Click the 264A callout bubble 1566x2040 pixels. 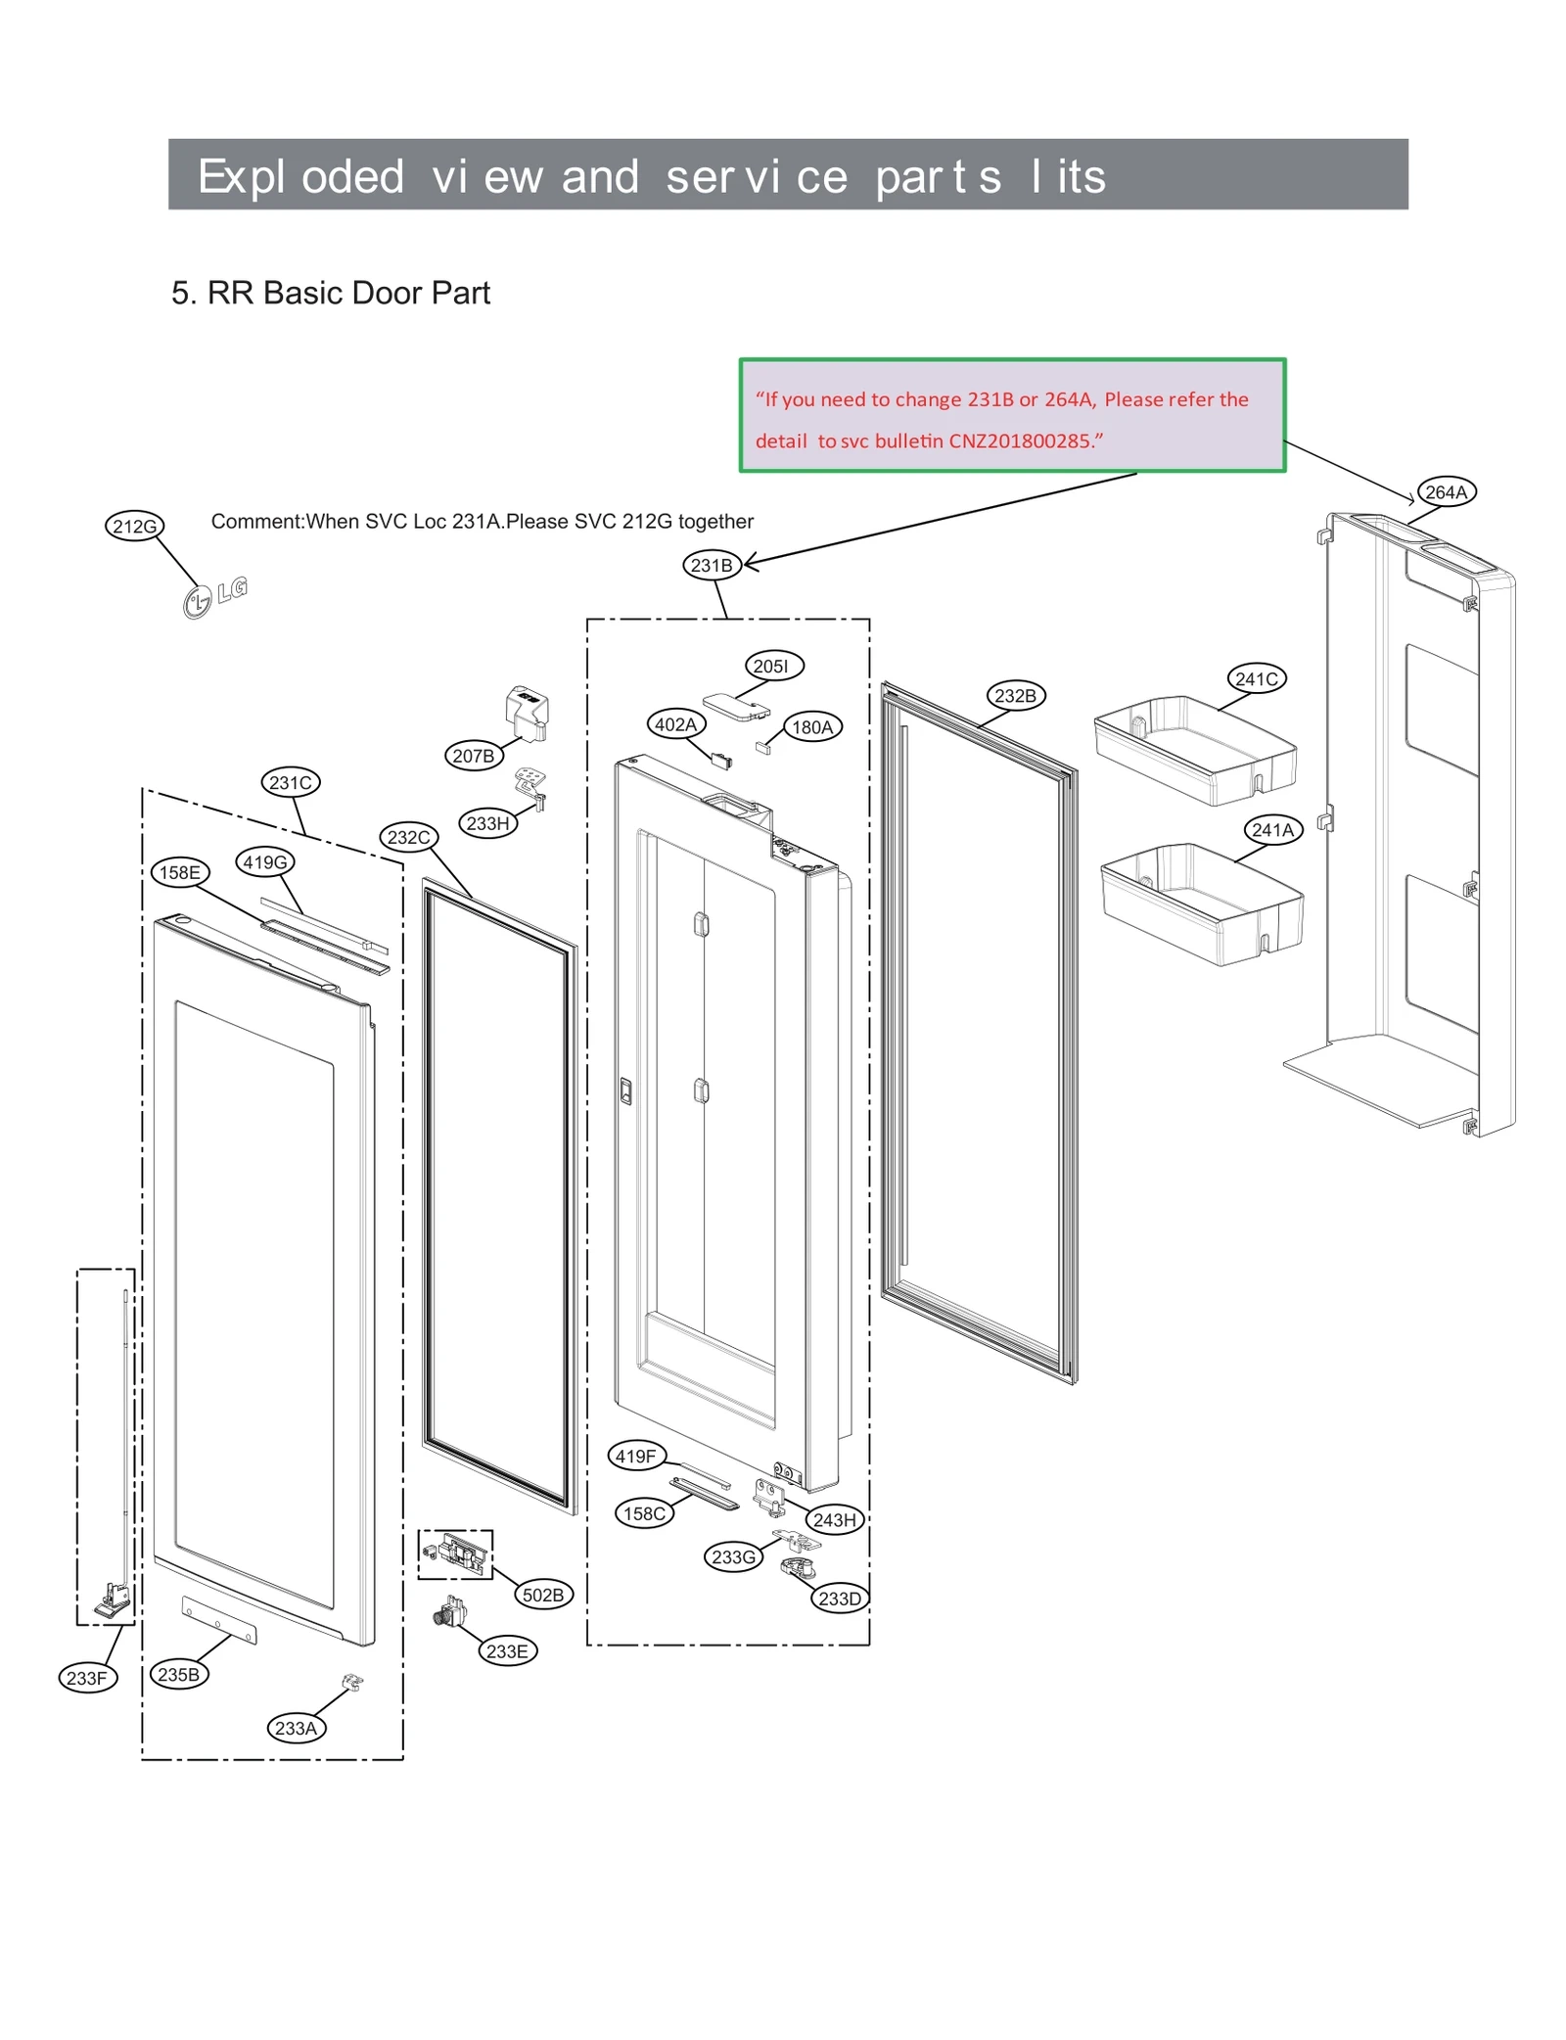coord(1445,491)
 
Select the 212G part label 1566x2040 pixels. coord(134,526)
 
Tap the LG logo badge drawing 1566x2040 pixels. coord(214,596)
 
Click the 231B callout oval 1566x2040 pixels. coord(711,565)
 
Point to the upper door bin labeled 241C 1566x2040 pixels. coord(1194,749)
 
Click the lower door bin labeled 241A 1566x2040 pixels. coord(1201,903)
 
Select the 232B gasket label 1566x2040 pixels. coord(1014,695)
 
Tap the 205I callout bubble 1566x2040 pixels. coord(772,666)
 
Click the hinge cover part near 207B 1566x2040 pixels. coord(527,712)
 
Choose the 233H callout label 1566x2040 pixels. coord(487,822)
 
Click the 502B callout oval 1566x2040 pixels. coord(542,1594)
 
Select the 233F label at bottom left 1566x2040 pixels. coord(87,1677)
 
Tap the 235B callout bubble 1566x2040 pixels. coord(178,1674)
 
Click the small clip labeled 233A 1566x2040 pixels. coord(351,1682)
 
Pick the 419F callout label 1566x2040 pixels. coord(635,1456)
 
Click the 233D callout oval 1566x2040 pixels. coord(839,1598)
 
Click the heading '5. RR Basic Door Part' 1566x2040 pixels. coord(330,293)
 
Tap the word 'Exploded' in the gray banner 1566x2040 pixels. coord(300,176)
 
